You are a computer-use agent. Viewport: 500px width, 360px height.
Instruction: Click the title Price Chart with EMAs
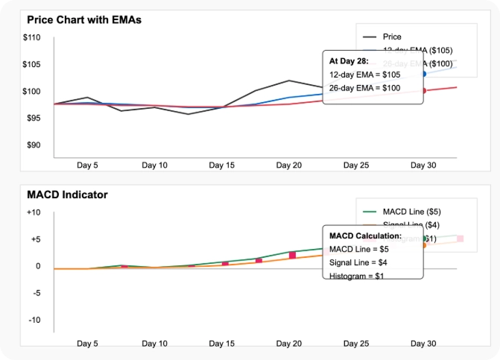coord(83,20)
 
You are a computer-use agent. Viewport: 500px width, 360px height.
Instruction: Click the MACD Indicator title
coord(67,195)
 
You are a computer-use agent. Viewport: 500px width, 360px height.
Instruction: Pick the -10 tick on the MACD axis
coord(34,320)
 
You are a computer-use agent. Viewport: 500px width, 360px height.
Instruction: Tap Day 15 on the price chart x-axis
coord(221,165)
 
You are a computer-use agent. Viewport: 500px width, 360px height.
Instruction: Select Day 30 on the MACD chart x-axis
coord(423,344)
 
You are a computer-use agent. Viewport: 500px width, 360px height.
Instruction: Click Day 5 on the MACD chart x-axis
coord(87,344)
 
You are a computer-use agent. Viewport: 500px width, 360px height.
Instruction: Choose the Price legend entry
coord(391,37)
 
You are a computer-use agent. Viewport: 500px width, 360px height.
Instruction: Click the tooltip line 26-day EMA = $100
coord(364,88)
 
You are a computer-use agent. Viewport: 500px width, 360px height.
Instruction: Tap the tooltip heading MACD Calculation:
coord(365,236)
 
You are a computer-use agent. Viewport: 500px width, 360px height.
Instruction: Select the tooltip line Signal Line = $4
coord(358,262)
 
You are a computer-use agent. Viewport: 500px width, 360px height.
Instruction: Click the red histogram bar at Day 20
coord(292,256)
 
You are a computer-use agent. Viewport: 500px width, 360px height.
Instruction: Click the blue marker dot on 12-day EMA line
coord(424,74)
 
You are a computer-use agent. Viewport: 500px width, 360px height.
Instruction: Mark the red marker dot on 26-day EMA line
coord(424,91)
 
